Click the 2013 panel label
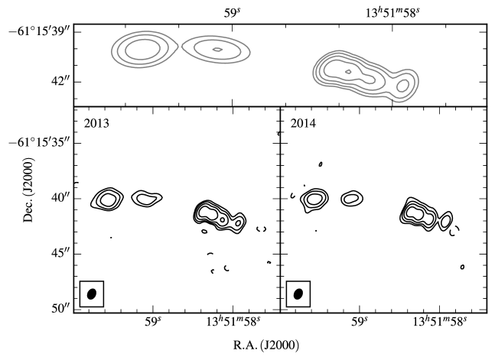(x=96, y=123)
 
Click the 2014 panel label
(x=303, y=123)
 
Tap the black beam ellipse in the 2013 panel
(x=92, y=294)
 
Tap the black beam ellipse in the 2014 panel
(x=298, y=294)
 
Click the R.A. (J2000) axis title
(x=265, y=345)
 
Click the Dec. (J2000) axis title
(x=28, y=190)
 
